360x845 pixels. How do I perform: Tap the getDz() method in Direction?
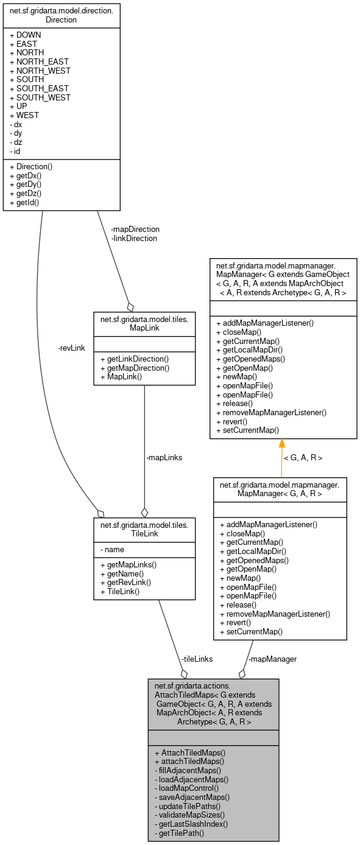29,192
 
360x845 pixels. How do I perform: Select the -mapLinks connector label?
164,457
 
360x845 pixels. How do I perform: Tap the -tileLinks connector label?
197,659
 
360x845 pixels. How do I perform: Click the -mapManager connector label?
274,659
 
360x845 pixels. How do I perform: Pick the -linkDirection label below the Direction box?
134,238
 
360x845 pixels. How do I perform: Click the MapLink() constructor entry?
121,376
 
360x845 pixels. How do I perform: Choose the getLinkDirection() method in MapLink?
134,359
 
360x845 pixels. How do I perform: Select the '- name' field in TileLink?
113,550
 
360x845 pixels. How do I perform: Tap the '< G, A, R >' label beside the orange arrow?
303,457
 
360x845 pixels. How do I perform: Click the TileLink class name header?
144,527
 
